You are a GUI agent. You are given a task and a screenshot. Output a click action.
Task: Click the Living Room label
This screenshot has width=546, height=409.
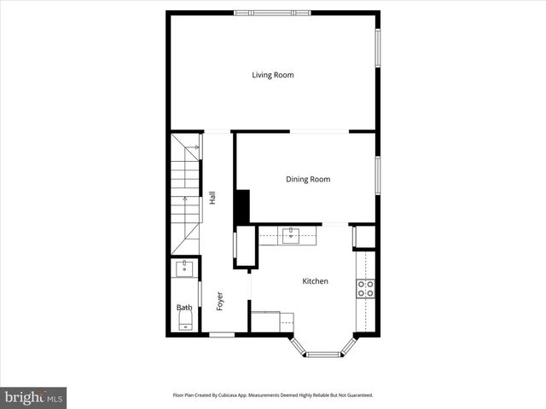click(272, 75)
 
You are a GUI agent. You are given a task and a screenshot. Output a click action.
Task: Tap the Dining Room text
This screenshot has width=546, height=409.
click(307, 179)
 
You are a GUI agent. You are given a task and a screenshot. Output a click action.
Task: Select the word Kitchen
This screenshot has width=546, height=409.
click(315, 281)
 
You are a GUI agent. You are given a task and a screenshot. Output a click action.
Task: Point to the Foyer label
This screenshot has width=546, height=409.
click(219, 301)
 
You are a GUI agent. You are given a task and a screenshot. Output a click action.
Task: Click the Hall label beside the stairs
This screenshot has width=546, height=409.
click(212, 197)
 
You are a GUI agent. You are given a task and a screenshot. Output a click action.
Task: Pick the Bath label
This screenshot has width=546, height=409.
click(183, 308)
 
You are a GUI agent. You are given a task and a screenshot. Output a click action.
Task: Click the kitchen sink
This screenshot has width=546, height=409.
click(291, 234)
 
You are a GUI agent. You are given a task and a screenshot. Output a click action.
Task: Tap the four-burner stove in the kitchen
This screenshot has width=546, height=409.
click(366, 288)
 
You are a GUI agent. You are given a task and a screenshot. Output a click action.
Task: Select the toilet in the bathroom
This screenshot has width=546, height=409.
click(185, 320)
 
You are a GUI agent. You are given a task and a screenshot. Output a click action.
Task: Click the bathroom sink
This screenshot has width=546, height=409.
click(184, 269)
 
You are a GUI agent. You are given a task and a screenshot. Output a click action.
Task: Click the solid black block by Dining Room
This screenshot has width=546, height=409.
click(241, 206)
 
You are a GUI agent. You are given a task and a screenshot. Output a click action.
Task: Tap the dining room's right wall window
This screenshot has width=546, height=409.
click(377, 174)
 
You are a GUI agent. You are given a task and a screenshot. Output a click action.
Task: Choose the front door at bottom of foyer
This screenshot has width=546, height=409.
click(222, 335)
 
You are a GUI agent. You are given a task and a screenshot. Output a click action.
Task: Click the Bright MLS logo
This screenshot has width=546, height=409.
click(33, 397)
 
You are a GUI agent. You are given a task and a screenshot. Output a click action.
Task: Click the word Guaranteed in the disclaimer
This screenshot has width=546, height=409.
click(356, 395)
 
